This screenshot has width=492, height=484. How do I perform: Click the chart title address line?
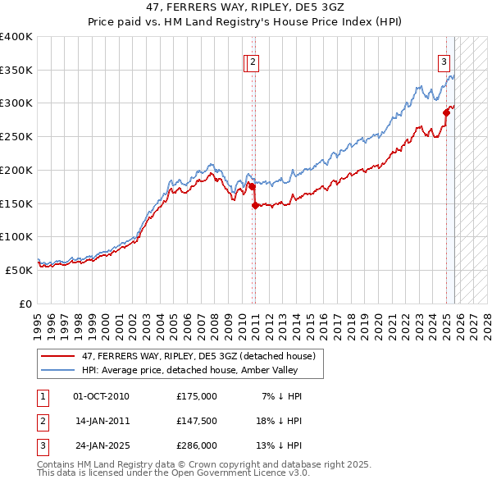pyautogui.click(x=245, y=7)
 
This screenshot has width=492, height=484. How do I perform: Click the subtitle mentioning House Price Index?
pyautogui.click(x=245, y=22)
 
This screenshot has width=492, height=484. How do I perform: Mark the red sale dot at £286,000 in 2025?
pyautogui.click(x=447, y=112)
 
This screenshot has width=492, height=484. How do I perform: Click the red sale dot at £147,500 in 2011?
pyautogui.click(x=255, y=205)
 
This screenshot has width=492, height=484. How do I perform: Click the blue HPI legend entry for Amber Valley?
pyautogui.click(x=202, y=371)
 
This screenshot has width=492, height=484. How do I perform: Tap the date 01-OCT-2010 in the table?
pyautogui.click(x=101, y=396)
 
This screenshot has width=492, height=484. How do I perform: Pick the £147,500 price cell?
pyautogui.click(x=197, y=421)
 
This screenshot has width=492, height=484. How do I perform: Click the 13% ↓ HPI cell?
pyautogui.click(x=277, y=445)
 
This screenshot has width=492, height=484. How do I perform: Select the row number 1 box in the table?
pyautogui.click(x=42, y=396)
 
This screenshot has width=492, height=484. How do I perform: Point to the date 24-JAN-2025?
pyautogui.click(x=101, y=445)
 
